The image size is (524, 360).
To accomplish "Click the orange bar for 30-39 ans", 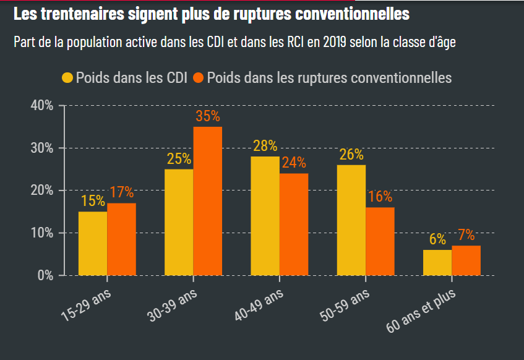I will (207, 201).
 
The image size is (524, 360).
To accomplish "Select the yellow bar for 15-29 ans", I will (93, 243).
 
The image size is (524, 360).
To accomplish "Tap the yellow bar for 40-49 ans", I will (265, 216).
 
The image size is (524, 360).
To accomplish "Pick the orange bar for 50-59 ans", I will (380, 241).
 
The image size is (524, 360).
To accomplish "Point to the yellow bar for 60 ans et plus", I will (437, 262).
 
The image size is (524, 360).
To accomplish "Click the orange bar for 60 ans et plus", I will (466, 260).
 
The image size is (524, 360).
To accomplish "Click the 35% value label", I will (208, 116).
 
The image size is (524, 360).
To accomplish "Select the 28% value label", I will (265, 146).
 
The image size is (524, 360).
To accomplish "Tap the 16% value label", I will (380, 197).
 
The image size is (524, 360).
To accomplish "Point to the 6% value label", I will (437, 239).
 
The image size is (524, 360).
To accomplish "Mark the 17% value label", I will (121, 192).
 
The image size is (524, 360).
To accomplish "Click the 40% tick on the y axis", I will (42, 105).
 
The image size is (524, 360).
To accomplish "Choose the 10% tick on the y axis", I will (42, 233).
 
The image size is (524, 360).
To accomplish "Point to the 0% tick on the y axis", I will (45, 275).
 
